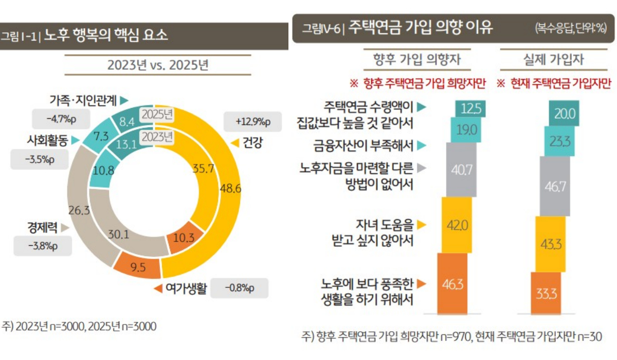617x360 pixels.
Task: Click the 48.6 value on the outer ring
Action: click(229, 188)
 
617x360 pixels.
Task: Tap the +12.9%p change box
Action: click(252, 122)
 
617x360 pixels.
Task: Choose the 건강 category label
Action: click(251, 143)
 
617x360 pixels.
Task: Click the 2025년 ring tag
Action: click(157, 114)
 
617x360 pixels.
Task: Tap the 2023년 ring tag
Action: click(157, 137)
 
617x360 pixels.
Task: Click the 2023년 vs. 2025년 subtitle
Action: click(157, 66)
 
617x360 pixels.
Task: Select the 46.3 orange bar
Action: click(452, 283)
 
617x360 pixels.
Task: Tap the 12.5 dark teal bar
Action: click(470, 109)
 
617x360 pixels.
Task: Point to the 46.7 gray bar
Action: click(555, 186)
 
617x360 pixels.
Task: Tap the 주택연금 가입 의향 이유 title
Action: click(420, 27)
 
